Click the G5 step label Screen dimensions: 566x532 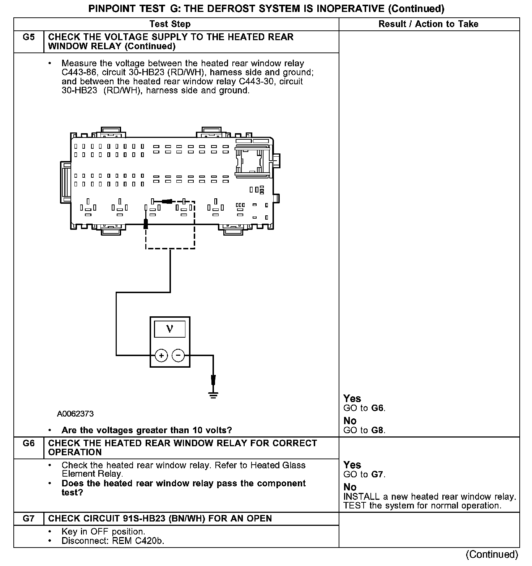click(x=29, y=37)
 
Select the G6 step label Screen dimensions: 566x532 click(x=29, y=443)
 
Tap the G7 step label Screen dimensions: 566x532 click(x=29, y=519)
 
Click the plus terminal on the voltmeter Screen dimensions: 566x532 click(x=161, y=356)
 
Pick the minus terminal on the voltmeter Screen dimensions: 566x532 click(x=178, y=356)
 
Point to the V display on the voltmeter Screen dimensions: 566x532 click(x=170, y=329)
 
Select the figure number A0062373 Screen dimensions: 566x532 click(x=75, y=414)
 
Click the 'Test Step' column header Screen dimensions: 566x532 click(x=170, y=24)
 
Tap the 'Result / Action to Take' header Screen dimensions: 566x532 click(x=428, y=24)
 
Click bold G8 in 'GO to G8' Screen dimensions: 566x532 click(x=378, y=430)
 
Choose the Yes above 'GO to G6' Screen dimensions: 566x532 click(x=352, y=399)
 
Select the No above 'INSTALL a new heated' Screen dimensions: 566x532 click(x=350, y=487)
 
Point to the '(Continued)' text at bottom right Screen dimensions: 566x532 click(x=492, y=554)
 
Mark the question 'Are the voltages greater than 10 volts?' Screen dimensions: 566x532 click(x=147, y=430)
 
